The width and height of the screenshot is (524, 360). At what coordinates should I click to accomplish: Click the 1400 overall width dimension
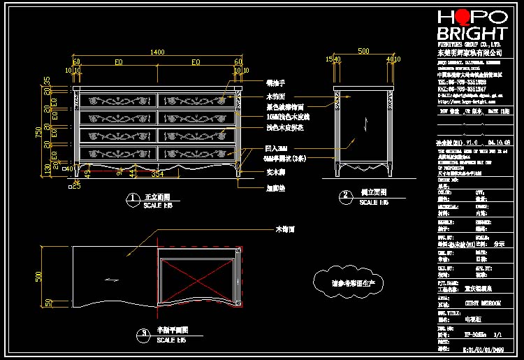[157, 52]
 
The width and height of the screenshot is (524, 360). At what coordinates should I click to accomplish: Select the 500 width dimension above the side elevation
[363, 52]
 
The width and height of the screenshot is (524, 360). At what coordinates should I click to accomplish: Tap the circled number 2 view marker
[345, 196]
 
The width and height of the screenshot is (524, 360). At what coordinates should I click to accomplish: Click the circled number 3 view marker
[143, 333]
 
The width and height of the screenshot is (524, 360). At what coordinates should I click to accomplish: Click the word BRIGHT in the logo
[472, 34]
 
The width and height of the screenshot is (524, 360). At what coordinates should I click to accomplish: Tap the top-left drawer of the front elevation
[119, 101]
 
